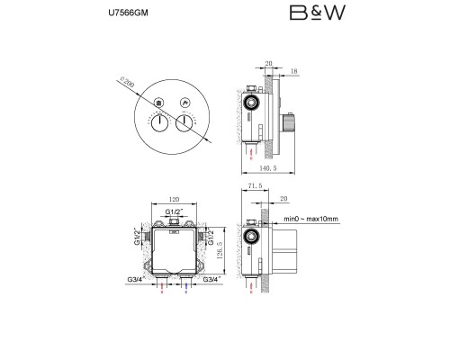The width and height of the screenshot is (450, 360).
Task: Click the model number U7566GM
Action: pos(128,13)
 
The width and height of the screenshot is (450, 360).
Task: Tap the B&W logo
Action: pos(318,13)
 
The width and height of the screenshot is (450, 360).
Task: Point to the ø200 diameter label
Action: pos(127,82)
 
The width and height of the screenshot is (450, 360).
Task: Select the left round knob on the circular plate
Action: pos(159,123)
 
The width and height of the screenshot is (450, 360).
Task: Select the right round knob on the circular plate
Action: pos(184,123)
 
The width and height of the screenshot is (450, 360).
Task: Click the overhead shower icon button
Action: pos(159,103)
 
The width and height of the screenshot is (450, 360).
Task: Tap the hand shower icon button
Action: pos(184,103)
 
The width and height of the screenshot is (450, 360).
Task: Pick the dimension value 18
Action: pos(294,71)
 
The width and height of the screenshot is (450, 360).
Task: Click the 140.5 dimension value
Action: pos(268,168)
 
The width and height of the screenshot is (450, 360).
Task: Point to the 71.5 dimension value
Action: pos(255,186)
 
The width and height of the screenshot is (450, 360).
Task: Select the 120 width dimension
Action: pos(174,199)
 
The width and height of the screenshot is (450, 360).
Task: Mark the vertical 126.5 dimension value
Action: pos(219,250)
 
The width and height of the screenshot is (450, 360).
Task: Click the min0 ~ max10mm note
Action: pos(310,219)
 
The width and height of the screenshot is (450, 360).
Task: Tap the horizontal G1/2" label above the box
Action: pos(174,211)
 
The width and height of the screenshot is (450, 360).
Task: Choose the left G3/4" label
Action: pos(136,279)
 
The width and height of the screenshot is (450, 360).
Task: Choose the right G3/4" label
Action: pos(212,279)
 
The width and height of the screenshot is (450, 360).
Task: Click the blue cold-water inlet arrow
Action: pos(186,287)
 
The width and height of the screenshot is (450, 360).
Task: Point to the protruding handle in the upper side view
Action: pos(288,122)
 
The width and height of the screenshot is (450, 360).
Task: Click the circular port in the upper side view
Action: pos(251,103)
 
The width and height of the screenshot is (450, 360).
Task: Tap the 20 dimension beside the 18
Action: pos(268,63)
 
